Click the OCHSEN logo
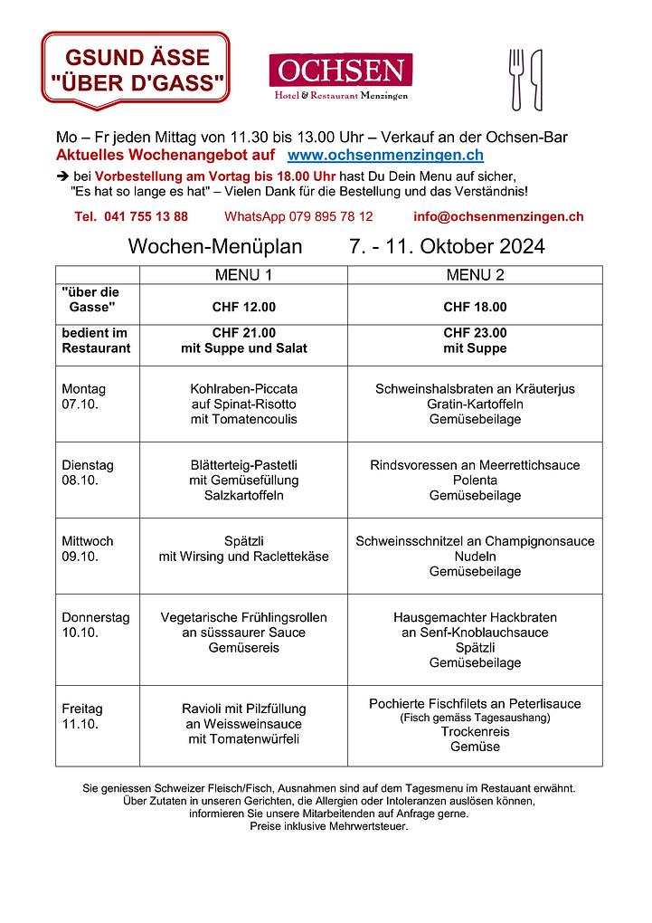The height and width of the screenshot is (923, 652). [340, 76]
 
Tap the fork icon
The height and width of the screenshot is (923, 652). [517, 79]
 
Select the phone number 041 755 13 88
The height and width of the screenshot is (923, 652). [132, 216]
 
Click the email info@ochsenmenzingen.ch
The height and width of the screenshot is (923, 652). [497, 216]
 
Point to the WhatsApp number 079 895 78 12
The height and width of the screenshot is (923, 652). [298, 216]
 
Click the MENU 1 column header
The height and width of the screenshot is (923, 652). [242, 274]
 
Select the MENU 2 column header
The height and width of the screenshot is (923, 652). [475, 274]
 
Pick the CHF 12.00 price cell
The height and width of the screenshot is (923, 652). [243, 307]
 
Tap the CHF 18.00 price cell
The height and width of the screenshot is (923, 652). [475, 307]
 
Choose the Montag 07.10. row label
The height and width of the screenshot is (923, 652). [84, 396]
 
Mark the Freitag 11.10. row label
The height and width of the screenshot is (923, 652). [82, 716]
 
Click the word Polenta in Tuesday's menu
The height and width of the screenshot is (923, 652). [475, 481]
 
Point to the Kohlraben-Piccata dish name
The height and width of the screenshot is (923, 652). [243, 389]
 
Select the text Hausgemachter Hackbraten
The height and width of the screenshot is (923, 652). [475, 617]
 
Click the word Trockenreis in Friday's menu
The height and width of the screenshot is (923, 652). [475, 731]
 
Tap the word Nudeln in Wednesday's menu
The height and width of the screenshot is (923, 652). [475, 557]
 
